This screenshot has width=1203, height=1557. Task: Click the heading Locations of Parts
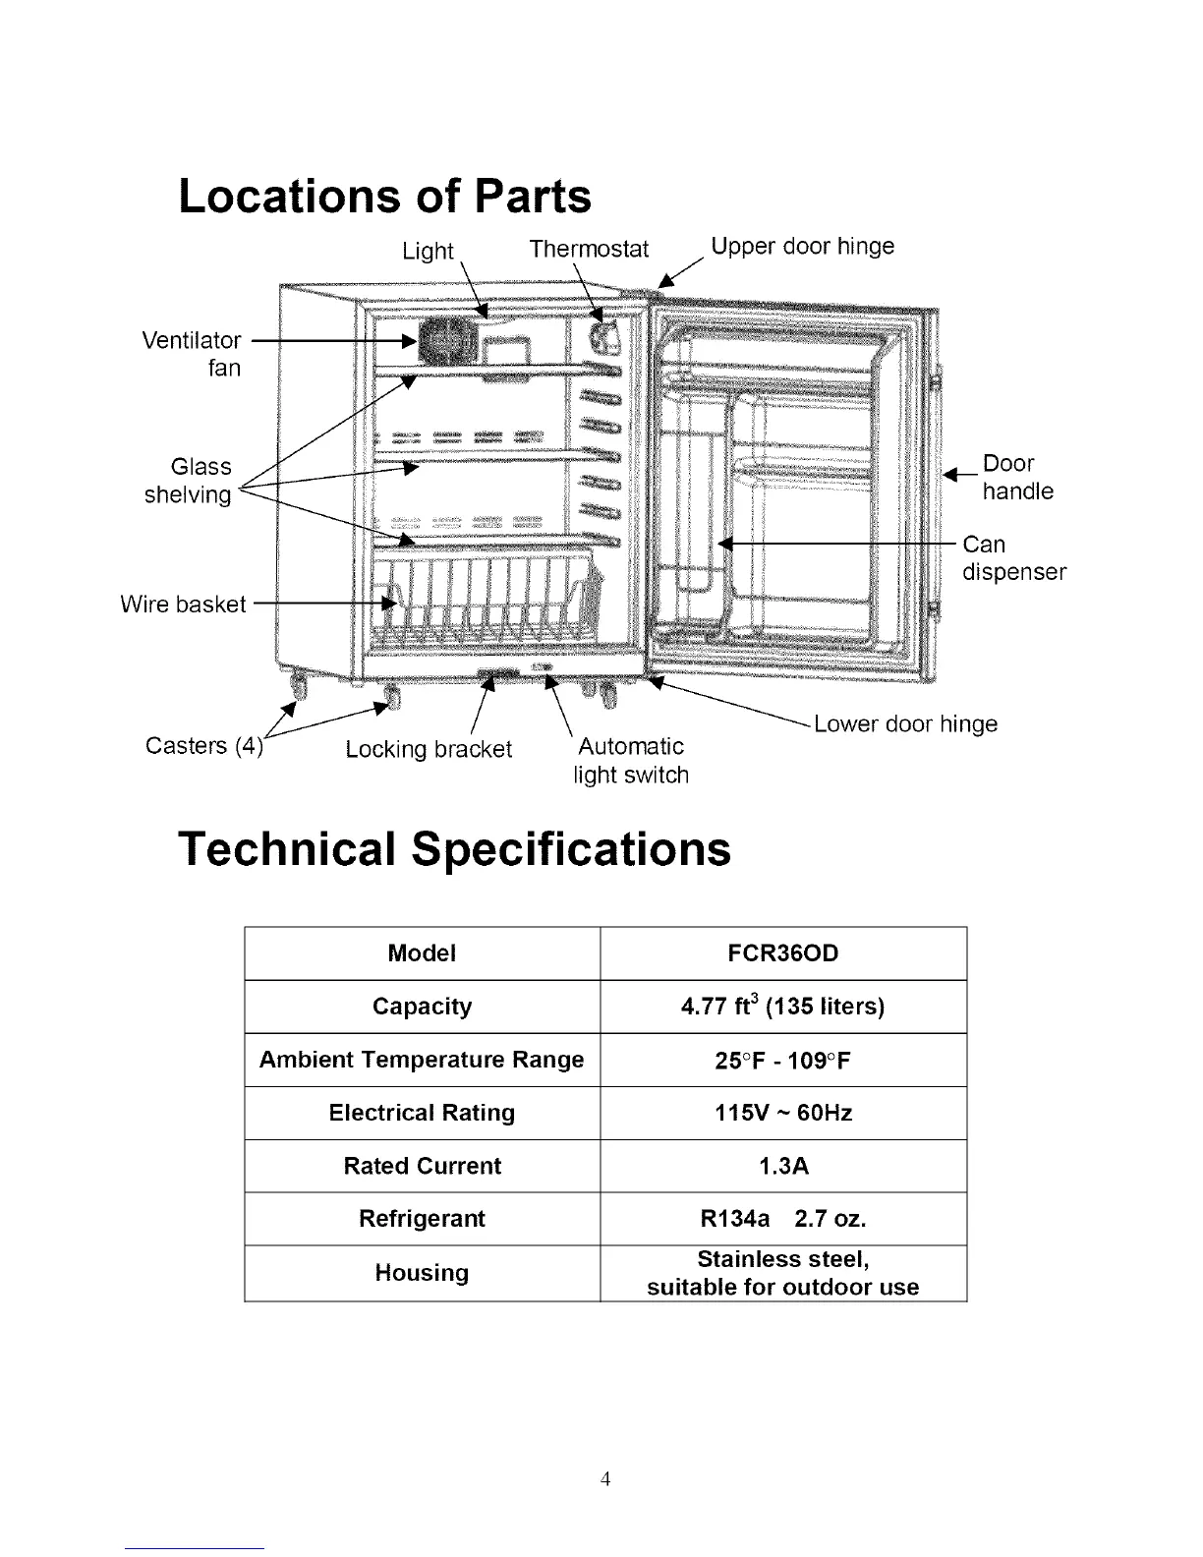click(x=384, y=196)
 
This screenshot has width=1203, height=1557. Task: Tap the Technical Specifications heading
click(x=454, y=848)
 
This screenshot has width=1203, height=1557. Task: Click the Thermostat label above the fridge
click(x=589, y=249)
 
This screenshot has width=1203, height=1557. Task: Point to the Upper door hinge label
click(x=802, y=246)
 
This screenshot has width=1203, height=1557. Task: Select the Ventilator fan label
click(x=194, y=354)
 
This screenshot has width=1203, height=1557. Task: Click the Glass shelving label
click(x=190, y=481)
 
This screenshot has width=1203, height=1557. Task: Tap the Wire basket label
click(x=183, y=604)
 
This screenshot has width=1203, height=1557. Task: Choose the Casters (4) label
click(x=203, y=745)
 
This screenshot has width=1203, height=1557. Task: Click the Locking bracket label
click(x=429, y=749)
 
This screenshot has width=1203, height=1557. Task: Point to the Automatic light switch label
click(x=631, y=761)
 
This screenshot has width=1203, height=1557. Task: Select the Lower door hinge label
click(x=905, y=724)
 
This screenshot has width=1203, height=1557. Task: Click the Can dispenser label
click(x=1013, y=557)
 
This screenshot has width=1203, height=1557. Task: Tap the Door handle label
click(x=1017, y=477)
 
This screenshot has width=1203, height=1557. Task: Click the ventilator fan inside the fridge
click(x=444, y=341)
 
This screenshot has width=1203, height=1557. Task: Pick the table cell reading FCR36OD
click(x=783, y=953)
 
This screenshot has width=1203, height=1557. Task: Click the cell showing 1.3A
click(x=783, y=1166)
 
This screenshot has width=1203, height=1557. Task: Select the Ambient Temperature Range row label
click(x=422, y=1060)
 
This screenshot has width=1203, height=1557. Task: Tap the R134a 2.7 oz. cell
click(x=783, y=1219)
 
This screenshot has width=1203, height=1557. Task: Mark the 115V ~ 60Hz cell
click(x=783, y=1113)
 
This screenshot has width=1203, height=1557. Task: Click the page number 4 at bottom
click(x=605, y=1478)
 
